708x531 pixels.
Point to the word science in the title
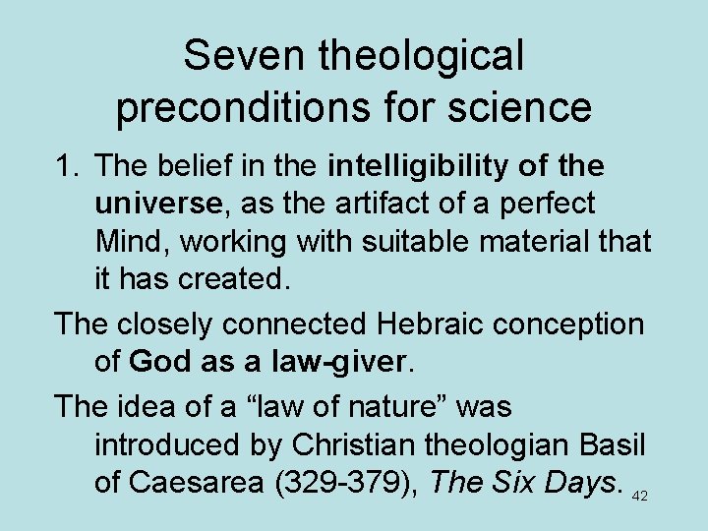pos(529,106)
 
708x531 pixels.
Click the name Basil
pos(614,444)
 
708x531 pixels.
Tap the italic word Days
pos(580,482)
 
